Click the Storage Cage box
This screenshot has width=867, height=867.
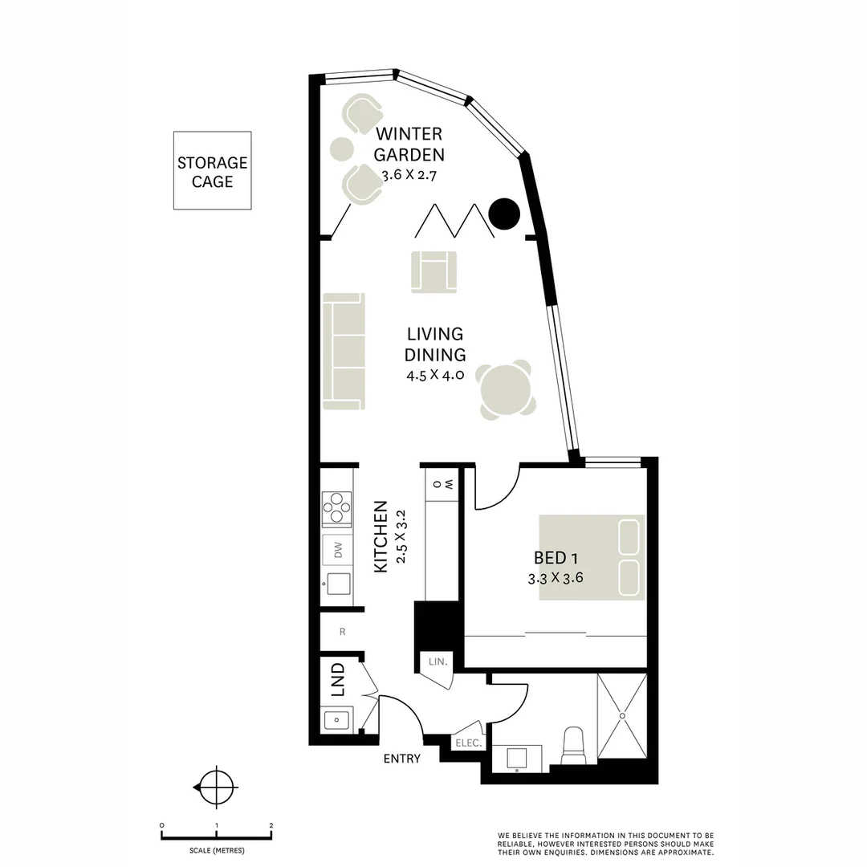[x=213, y=171]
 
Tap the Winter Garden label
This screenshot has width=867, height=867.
[x=409, y=144]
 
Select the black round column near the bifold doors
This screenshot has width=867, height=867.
[x=505, y=213]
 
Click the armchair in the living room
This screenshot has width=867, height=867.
[x=433, y=271]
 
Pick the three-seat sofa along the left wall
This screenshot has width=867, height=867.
[x=344, y=351]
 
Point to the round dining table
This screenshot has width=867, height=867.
[x=505, y=390]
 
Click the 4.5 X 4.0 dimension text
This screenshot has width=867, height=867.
[x=435, y=374]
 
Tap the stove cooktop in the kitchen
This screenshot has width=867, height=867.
[x=336, y=506]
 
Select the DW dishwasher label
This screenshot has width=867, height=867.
[x=338, y=551]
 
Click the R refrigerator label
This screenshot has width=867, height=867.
[x=342, y=631]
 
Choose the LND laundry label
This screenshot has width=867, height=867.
[x=338, y=679]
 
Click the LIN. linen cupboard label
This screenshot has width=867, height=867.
[x=438, y=661]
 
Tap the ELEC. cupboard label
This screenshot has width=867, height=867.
[x=469, y=743]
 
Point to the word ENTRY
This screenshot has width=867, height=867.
[x=402, y=759]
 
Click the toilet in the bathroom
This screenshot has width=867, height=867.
[x=574, y=746]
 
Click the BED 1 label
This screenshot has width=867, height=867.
[x=556, y=558]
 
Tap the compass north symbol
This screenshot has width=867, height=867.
[x=216, y=788]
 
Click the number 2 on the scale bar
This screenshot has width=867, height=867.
[x=271, y=825]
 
